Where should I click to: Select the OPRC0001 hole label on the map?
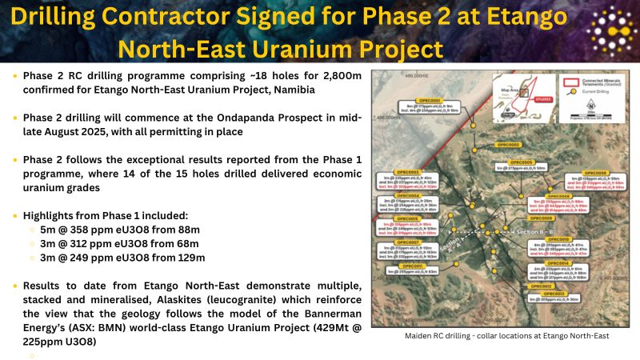423,99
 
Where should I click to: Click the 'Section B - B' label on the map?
538,231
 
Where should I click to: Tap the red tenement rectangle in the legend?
573,82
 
